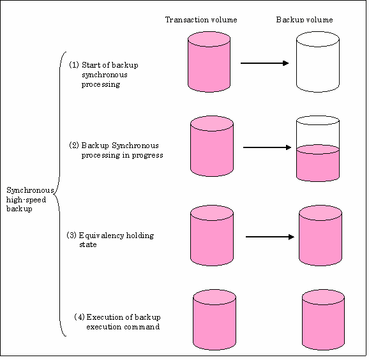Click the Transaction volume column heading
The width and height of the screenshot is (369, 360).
coord(201,20)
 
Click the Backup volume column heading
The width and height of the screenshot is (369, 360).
coord(305,20)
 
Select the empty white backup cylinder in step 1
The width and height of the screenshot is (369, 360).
coord(318,62)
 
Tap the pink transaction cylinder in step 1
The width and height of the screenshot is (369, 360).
coord(209,62)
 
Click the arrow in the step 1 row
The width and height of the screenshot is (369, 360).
coord(264,63)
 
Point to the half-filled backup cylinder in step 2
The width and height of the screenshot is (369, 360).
coord(318,149)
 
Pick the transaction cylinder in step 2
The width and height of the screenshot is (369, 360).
coord(212,146)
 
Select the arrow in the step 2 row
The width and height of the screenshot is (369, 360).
coord(267,147)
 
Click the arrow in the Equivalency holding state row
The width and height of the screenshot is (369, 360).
coord(270,237)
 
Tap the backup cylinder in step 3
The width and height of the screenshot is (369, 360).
coord(320,236)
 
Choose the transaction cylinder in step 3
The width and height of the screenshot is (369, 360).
coord(212,236)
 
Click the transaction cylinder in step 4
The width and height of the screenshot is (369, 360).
coord(215,320)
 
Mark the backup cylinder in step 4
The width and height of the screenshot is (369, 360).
coord(323,320)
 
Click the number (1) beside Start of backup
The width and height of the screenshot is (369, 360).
coord(74,65)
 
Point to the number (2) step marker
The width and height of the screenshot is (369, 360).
coord(74,146)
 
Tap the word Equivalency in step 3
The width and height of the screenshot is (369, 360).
coord(102,236)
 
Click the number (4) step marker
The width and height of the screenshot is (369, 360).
coord(79,317)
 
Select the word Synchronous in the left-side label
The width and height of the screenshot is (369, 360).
coord(30,190)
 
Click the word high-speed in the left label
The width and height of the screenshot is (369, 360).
coord(26,200)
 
